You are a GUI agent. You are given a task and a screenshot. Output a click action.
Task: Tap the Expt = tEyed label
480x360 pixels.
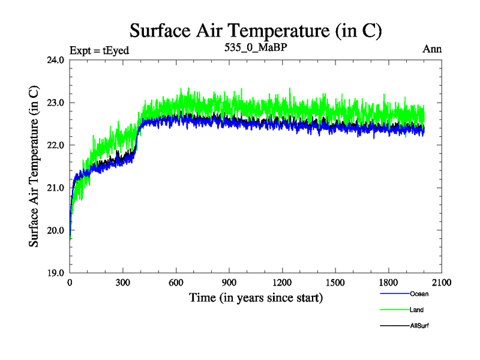click(x=100, y=50)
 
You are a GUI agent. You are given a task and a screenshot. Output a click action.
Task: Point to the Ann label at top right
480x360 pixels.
click(x=432, y=49)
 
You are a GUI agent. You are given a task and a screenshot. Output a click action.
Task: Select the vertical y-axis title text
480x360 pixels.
click(x=35, y=166)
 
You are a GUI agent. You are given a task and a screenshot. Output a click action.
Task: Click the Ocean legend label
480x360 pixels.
click(x=419, y=294)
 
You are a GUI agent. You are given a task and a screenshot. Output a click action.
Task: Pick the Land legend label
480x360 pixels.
click(x=418, y=310)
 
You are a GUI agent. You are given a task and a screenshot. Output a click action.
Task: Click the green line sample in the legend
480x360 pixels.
click(x=395, y=310)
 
